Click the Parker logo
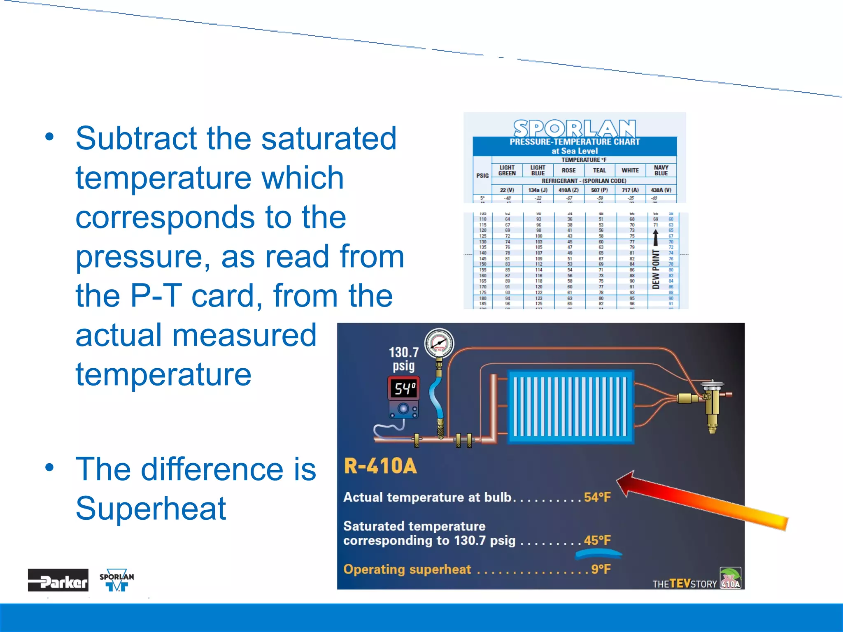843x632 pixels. (x=58, y=580)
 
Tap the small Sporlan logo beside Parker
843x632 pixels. (x=116, y=580)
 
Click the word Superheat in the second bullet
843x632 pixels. (x=151, y=509)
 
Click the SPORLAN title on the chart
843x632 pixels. (x=574, y=128)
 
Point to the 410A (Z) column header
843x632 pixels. (x=568, y=190)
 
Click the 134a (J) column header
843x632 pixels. (x=538, y=190)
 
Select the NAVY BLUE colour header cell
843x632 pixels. (x=661, y=170)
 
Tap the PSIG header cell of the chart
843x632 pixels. (x=482, y=176)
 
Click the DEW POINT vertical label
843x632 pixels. (x=656, y=270)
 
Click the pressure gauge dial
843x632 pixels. (x=439, y=343)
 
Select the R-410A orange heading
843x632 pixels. (x=380, y=466)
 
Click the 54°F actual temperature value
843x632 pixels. (x=597, y=497)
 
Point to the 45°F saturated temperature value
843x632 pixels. (x=597, y=540)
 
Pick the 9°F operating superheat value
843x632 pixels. (x=601, y=569)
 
